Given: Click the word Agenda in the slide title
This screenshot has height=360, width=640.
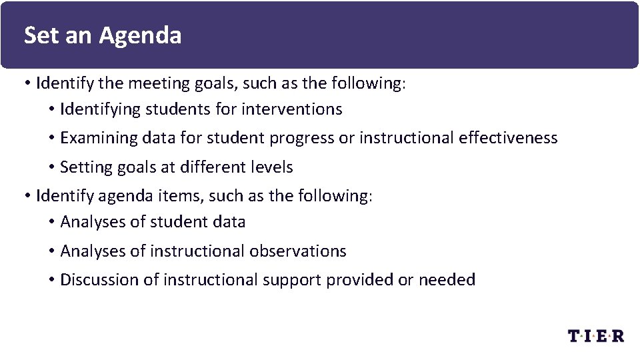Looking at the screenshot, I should (x=140, y=35).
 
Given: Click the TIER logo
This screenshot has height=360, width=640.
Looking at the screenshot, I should (x=596, y=335).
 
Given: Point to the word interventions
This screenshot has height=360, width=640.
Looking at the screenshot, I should (x=292, y=109).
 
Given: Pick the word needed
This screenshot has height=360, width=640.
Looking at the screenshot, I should (x=447, y=280).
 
